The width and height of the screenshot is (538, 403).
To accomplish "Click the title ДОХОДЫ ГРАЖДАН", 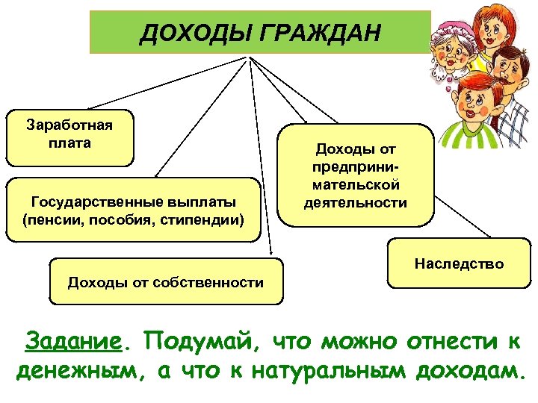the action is pyautogui.click(x=259, y=33).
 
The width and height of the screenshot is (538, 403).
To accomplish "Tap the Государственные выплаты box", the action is pyautogui.click(x=134, y=210).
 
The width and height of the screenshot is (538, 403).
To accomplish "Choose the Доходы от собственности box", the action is pyautogui.click(x=166, y=282).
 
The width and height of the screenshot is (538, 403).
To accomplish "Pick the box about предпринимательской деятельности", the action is pyautogui.click(x=356, y=175).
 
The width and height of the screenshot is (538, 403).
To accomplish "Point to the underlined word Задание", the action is pyautogui.click(x=72, y=342).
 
